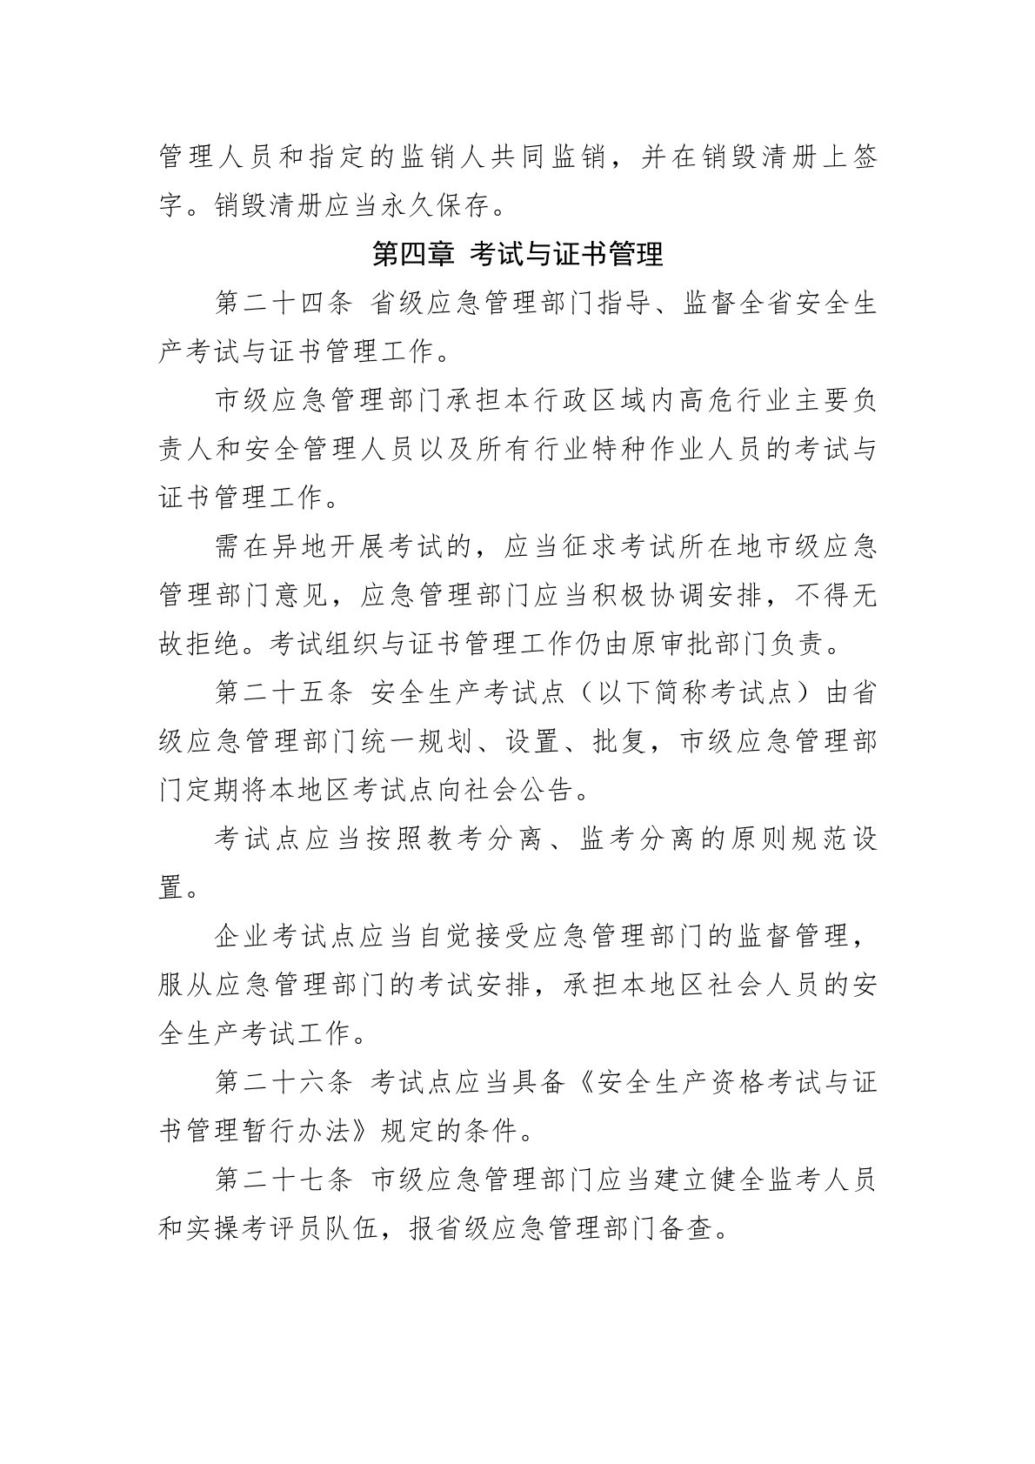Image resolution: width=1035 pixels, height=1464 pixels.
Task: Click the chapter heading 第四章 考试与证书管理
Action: tap(517, 255)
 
